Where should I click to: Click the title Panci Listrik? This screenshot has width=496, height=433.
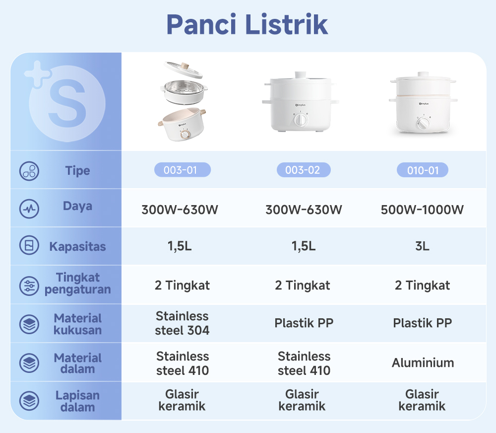247,24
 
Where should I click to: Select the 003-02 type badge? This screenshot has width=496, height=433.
303,170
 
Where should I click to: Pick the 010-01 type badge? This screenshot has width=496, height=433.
423,170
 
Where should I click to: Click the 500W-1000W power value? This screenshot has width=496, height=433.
422,210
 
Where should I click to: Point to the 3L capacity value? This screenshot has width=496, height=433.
423,246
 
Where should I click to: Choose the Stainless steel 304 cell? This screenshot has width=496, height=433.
182,323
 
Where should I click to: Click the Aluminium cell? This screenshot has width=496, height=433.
423,363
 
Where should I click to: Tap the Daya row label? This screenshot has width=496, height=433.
77,206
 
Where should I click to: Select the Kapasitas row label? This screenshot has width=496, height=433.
77,246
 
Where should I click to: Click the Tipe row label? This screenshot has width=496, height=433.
77,171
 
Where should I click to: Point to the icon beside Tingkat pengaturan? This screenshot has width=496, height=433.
29,286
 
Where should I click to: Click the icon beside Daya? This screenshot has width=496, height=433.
29,209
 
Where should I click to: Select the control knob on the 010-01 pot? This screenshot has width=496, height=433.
423,124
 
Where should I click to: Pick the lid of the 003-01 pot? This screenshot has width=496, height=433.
184,71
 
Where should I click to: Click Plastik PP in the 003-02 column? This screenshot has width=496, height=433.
304,323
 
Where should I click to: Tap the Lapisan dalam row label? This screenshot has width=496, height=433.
77,401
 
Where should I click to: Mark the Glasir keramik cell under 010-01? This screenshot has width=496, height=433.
422,400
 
